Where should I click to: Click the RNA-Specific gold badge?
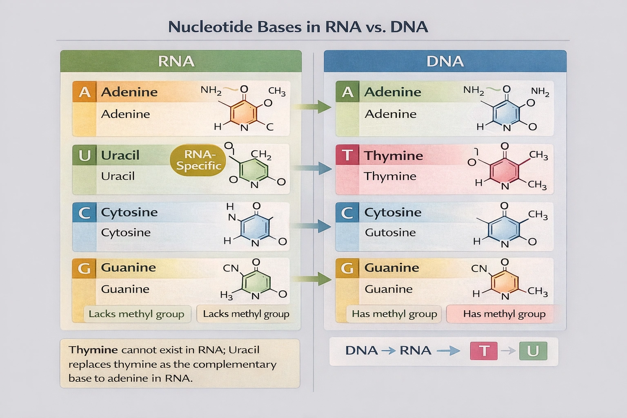click(198, 160)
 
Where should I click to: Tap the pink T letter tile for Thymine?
click(347, 155)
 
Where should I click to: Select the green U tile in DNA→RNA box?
click(533, 351)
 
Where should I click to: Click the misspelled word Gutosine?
click(390, 233)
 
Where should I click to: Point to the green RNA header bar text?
click(176, 61)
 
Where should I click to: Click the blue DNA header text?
click(445, 61)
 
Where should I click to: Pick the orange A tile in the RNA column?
click(84, 92)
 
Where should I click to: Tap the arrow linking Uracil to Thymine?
click(312, 168)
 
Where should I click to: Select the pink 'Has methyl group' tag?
click(504, 314)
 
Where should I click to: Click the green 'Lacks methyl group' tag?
click(136, 314)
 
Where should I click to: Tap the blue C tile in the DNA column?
click(347, 212)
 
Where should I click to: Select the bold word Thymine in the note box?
click(93, 350)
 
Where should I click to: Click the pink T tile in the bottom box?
click(484, 351)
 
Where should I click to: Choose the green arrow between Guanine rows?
click(312, 279)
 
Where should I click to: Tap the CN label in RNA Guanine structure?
click(231, 268)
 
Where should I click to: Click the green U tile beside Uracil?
click(84, 155)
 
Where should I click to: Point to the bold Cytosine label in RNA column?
click(129, 212)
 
